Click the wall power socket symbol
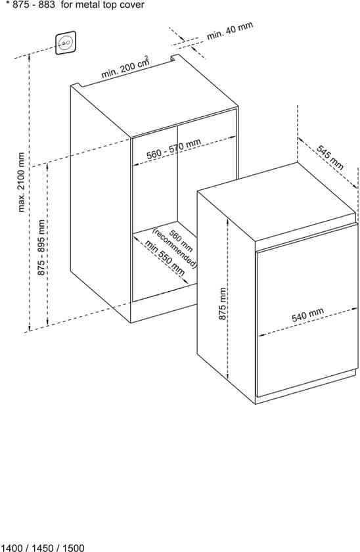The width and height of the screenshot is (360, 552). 66,43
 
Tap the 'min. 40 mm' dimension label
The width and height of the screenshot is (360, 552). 229,31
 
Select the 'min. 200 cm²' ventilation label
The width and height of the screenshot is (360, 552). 125,67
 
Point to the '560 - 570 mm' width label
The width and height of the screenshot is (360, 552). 174,149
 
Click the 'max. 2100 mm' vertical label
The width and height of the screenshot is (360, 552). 22,182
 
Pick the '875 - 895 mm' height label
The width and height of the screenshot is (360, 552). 41,248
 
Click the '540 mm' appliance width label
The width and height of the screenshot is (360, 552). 307,315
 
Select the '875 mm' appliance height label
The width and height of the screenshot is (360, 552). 223,304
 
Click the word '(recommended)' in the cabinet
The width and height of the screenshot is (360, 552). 174,248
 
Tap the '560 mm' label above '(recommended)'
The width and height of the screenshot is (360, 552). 181,241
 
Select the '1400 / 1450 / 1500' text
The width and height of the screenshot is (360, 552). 43,548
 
